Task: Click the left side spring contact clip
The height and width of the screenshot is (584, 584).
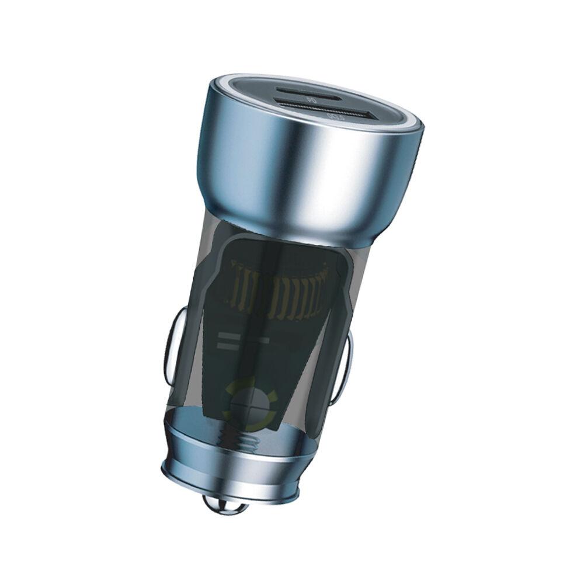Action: pyautogui.click(x=171, y=345)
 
